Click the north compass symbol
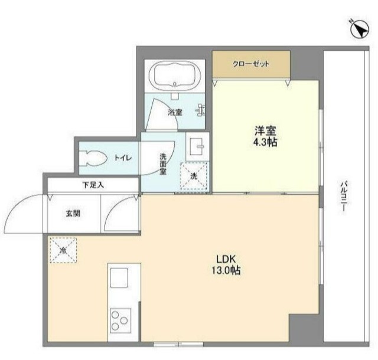tap(359, 28)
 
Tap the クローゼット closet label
tap(251, 64)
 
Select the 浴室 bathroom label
tap(174, 111)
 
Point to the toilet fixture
tap(94, 158)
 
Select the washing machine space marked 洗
tap(194, 176)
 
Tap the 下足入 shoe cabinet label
tap(93, 185)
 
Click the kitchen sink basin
tap(119, 278)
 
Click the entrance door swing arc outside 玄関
tap(24, 212)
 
